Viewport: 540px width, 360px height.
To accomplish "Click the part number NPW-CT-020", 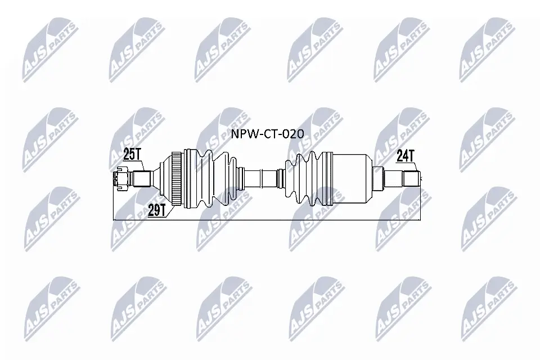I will (x=267, y=133).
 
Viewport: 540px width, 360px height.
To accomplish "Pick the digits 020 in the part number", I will (x=292, y=133).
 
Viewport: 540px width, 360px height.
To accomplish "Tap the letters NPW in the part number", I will (x=241, y=133).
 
